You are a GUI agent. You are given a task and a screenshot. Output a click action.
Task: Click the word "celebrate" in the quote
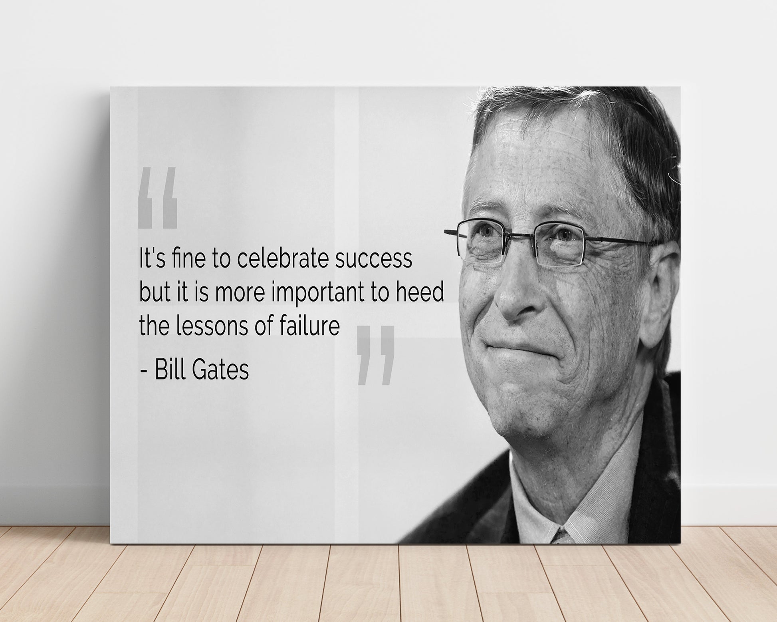tap(283, 258)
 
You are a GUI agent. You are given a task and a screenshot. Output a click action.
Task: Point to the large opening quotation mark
tap(157, 197)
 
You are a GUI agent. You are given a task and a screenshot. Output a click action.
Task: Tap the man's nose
tap(515, 296)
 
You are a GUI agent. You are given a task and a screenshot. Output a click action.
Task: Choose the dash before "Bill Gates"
tap(145, 372)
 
